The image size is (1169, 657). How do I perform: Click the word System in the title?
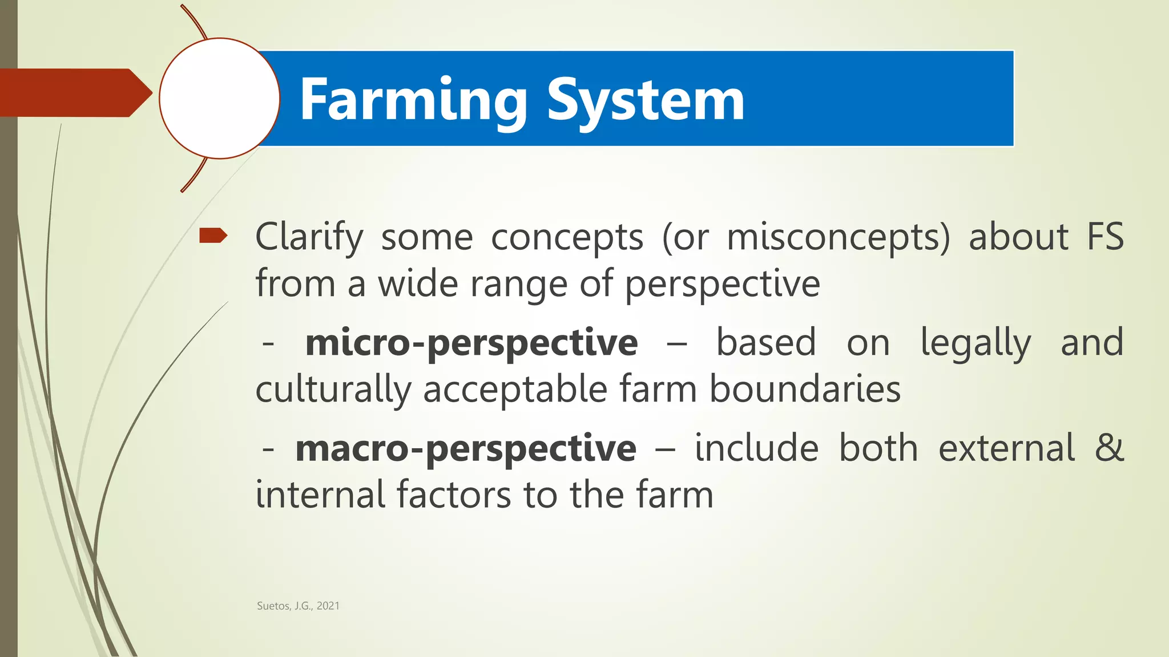pos(646,100)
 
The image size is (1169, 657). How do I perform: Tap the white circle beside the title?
pos(219,98)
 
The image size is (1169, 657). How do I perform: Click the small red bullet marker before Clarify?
pos(213,235)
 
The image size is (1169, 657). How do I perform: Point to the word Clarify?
pos(309,237)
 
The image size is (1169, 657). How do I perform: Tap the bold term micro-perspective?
pos(471,343)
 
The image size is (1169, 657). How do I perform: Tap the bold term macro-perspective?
pos(465,449)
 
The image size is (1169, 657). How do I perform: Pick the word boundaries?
pos(805,390)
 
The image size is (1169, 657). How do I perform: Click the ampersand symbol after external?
pos(1109,448)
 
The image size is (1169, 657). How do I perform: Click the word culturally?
pos(333,391)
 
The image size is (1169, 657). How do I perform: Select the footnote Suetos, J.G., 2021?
pos(298,606)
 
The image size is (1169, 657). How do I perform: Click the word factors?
pos(453,494)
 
